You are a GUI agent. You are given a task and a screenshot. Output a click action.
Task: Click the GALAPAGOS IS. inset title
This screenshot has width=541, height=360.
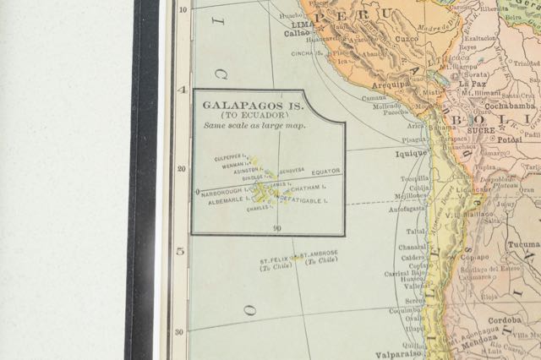click(245, 106)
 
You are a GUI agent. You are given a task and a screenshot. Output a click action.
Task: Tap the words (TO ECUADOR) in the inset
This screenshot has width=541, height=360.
click(245, 116)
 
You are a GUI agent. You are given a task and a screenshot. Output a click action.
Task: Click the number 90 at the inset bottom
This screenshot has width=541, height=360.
click(277, 229)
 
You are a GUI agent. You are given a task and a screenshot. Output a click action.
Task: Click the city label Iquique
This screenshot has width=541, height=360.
click(412, 154)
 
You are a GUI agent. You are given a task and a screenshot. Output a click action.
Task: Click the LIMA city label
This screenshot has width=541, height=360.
click(303, 25)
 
